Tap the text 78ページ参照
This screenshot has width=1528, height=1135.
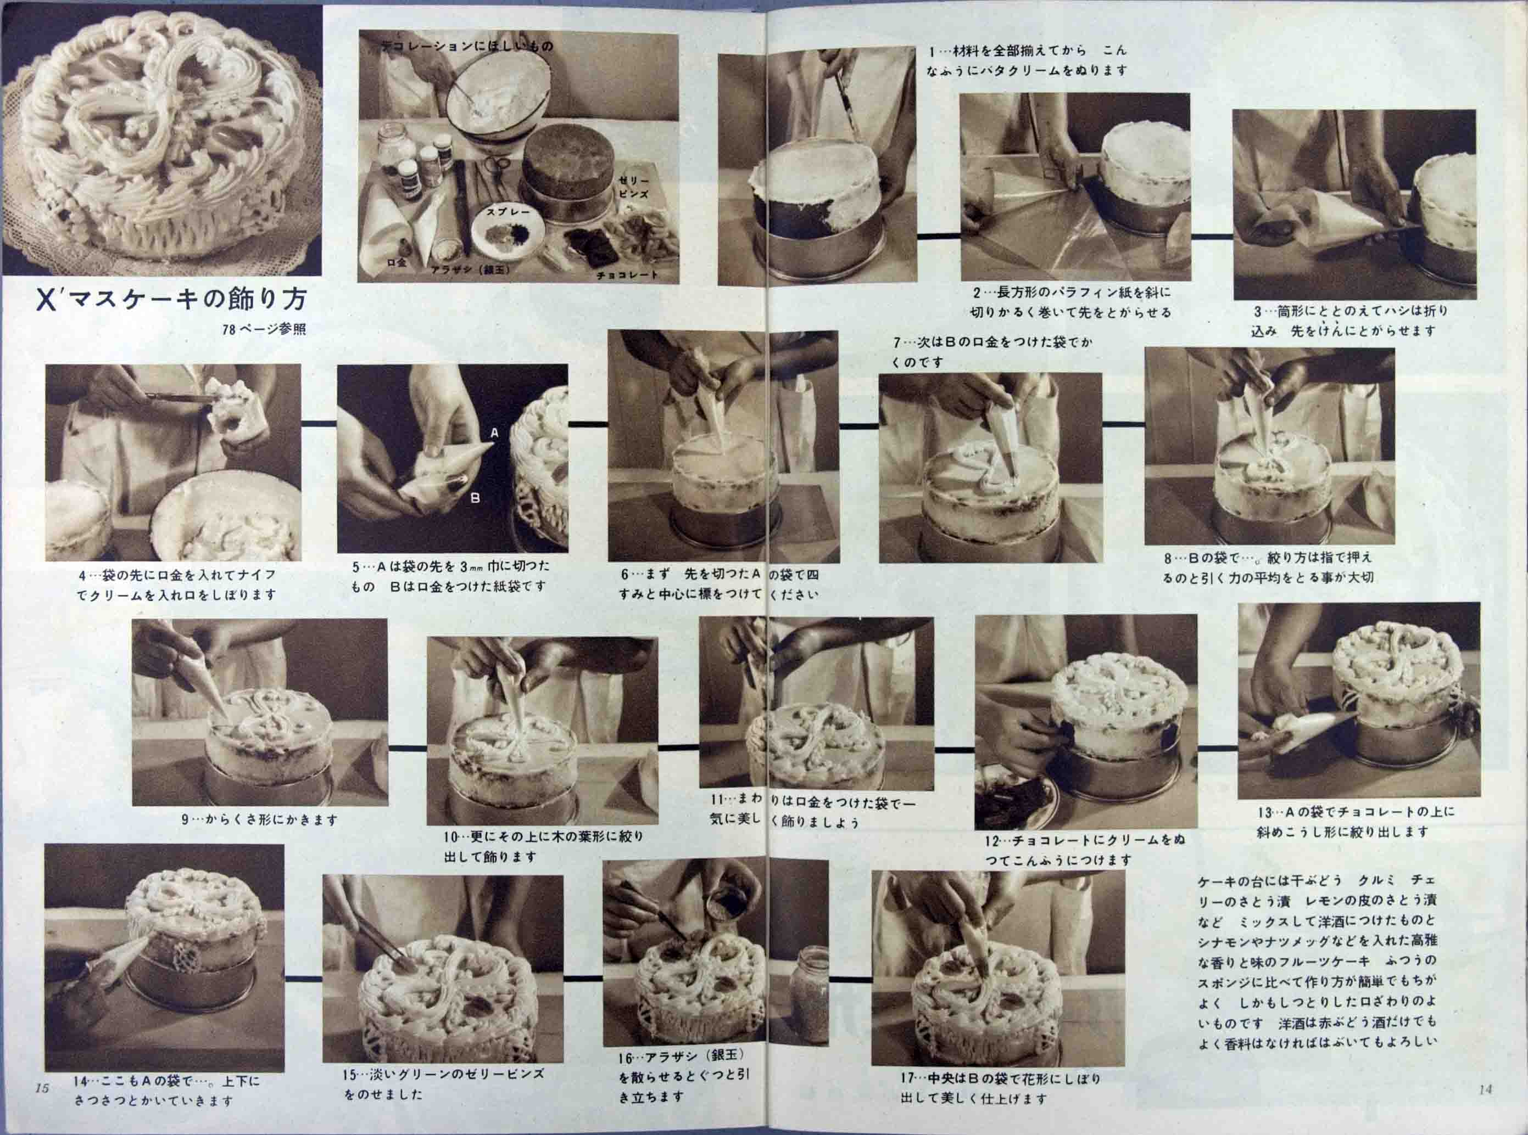tap(264, 330)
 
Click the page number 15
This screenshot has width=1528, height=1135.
tap(41, 1088)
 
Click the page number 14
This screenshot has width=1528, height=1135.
tap(1485, 1089)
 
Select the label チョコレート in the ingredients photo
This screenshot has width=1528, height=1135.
tap(627, 274)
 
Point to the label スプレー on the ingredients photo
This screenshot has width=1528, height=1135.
tap(508, 212)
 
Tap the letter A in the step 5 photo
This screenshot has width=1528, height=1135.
tap(494, 434)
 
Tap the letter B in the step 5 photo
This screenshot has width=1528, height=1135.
tap(475, 497)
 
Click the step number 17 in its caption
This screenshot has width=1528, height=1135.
tap(907, 1078)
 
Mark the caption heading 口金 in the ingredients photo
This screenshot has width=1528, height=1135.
tap(396, 262)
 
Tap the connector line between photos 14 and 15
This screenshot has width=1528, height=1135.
tap(303, 977)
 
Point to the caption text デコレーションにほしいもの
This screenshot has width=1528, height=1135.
tap(467, 46)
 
